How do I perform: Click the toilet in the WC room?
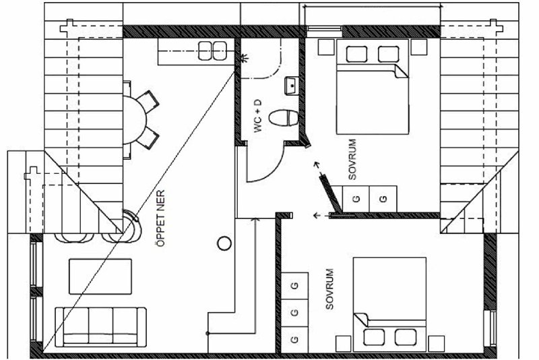283,118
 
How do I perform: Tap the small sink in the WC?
291,86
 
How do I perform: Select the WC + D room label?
258,115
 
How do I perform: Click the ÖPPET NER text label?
160,218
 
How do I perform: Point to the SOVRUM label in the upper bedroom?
352,159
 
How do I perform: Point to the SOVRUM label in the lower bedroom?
329,289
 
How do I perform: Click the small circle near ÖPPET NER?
224,243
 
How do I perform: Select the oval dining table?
134,119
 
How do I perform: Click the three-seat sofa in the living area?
100,327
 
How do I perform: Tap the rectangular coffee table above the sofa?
100,276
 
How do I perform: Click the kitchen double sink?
212,51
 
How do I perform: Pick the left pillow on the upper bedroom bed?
356,55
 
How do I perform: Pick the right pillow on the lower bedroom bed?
406,337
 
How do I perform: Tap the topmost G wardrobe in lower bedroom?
294,286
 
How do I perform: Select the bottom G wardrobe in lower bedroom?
294,339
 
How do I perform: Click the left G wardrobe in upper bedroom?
356,199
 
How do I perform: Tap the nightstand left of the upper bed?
326,47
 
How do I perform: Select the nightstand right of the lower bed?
436,344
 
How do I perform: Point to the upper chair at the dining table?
148,101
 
